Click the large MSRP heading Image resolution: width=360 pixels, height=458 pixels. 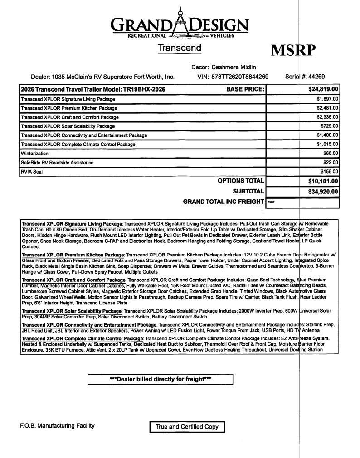[293, 50]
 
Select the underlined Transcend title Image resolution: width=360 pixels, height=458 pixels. [180, 48]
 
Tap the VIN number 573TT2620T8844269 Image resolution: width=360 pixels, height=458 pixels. [240, 77]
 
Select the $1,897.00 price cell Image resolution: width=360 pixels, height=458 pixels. [327, 99]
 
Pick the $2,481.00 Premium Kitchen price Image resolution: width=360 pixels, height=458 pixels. [327, 108]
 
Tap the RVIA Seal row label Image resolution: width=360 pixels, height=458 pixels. [31, 172]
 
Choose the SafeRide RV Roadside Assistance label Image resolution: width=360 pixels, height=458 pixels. [57, 163]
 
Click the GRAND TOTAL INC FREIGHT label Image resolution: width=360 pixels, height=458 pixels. [223, 202]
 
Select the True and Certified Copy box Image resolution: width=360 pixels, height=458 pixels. [187, 427]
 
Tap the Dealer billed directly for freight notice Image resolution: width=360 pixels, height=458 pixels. [160, 379]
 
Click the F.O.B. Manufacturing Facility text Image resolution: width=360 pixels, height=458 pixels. [57, 426]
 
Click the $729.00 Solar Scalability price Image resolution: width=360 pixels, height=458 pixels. [329, 126]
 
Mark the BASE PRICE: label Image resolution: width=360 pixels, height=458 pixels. [245, 89]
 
